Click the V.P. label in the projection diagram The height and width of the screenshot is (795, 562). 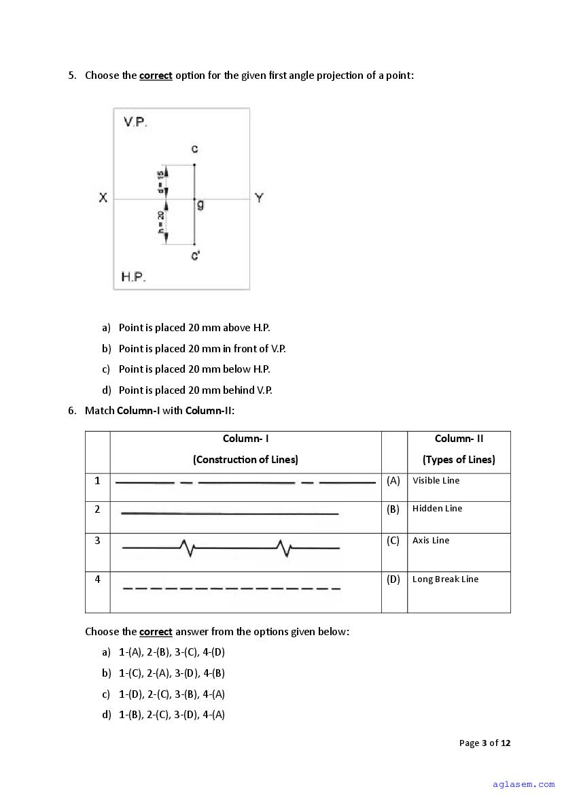click(135, 122)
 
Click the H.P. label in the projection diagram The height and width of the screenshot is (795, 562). click(133, 277)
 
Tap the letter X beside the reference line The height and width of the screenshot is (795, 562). click(103, 198)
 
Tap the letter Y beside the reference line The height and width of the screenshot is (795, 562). click(259, 198)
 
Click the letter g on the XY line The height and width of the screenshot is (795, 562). click(200, 204)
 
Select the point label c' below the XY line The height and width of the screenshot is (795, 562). click(195, 256)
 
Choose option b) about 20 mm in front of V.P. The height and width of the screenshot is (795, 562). click(202, 348)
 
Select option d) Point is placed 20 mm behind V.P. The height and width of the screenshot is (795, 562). click(195, 390)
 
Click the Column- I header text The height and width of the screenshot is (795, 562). click(245, 439)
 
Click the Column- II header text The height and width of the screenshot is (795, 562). click(459, 439)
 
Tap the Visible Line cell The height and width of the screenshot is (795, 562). click(436, 480)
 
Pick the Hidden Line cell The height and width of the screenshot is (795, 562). click(437, 508)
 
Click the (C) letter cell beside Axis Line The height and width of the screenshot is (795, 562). click(393, 541)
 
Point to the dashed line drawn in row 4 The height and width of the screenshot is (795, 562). click(231, 588)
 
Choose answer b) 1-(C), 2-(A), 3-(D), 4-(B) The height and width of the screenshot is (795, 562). click(171, 673)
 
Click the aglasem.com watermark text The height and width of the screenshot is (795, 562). click(524, 784)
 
